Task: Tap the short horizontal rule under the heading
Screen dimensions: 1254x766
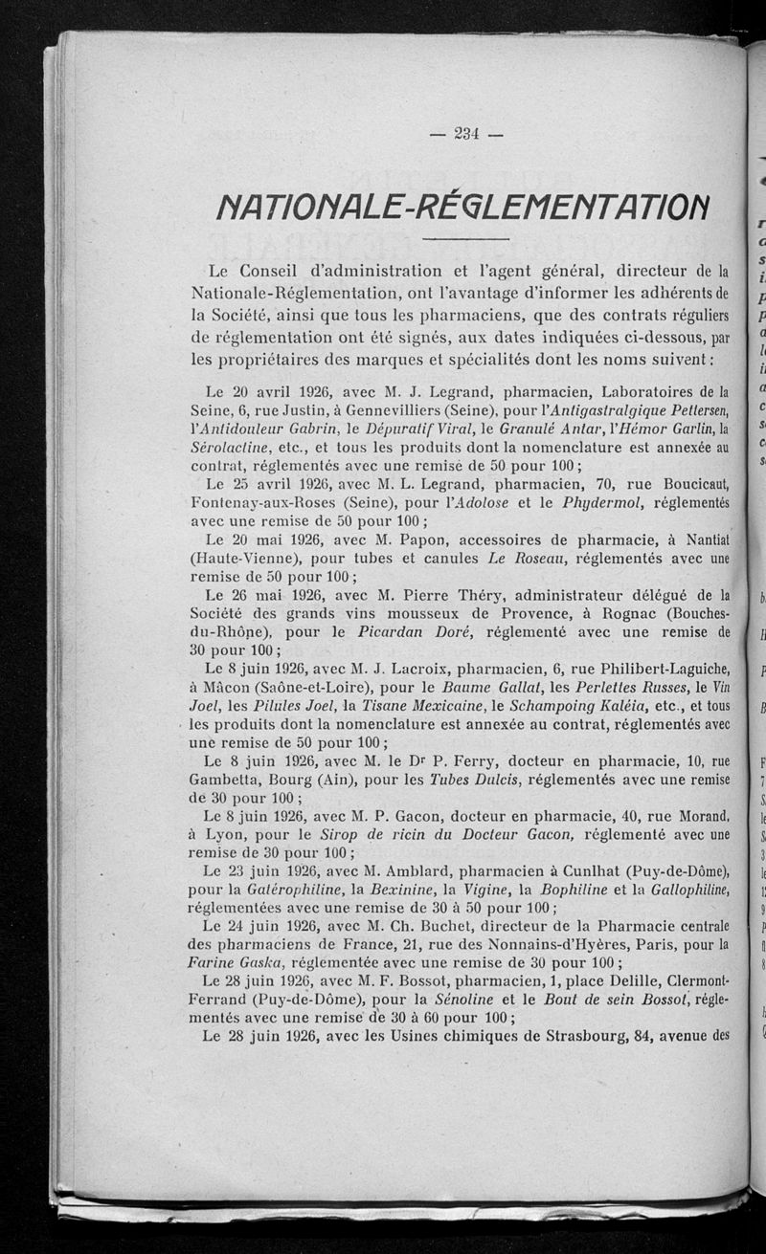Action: [x=464, y=238]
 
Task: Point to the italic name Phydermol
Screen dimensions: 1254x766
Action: [x=597, y=502]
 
